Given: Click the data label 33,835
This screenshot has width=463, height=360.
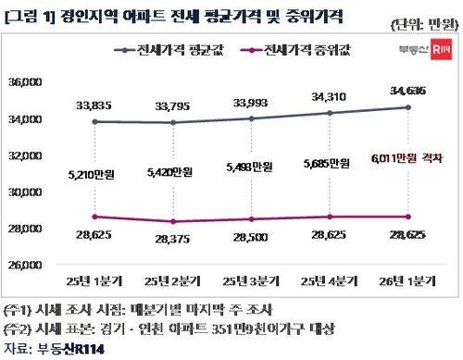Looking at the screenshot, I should tap(94, 105).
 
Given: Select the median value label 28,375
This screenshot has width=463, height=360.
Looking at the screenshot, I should tap(176, 240).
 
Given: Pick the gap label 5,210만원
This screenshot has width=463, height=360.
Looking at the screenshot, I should tap(94, 171).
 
